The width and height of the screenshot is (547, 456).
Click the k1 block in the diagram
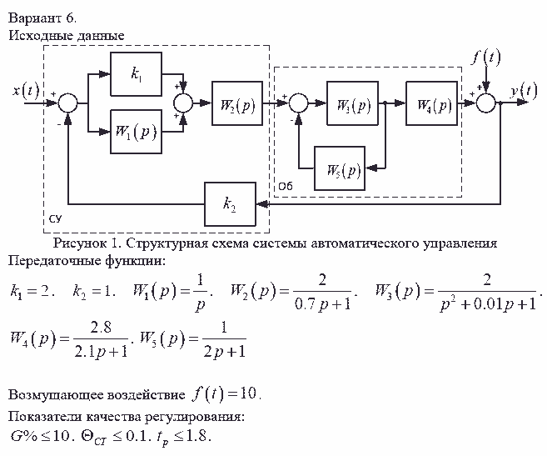pyautogui.click(x=136, y=74)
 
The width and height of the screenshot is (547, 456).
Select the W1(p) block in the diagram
pyautogui.click(x=136, y=133)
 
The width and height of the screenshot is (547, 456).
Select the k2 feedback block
pyautogui.click(x=230, y=203)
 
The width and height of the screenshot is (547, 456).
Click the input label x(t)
pyautogui.click(x=26, y=89)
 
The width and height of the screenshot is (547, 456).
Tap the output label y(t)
pyautogui.click(x=524, y=89)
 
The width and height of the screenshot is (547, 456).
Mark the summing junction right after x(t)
pyautogui.click(x=68, y=103)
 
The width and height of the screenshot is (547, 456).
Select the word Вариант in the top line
pyautogui.click(x=32, y=17)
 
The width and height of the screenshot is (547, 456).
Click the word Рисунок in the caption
pyautogui.click(x=81, y=244)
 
